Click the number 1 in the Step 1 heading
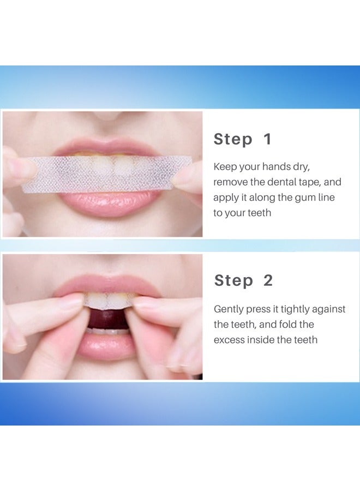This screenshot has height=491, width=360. tap(267, 139)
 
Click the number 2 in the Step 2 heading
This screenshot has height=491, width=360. tap(268, 281)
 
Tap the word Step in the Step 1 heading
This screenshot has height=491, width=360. tap(233, 140)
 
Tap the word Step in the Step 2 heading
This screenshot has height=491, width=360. tap(234, 281)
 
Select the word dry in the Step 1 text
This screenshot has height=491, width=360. tap(301, 167)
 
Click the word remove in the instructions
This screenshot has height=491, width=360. tap(230, 182)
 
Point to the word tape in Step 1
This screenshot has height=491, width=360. tap(313, 182)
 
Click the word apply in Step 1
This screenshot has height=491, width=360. tap(226, 198)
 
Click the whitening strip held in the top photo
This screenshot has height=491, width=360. tap(106, 173)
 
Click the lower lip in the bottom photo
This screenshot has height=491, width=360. tap(106, 346)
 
